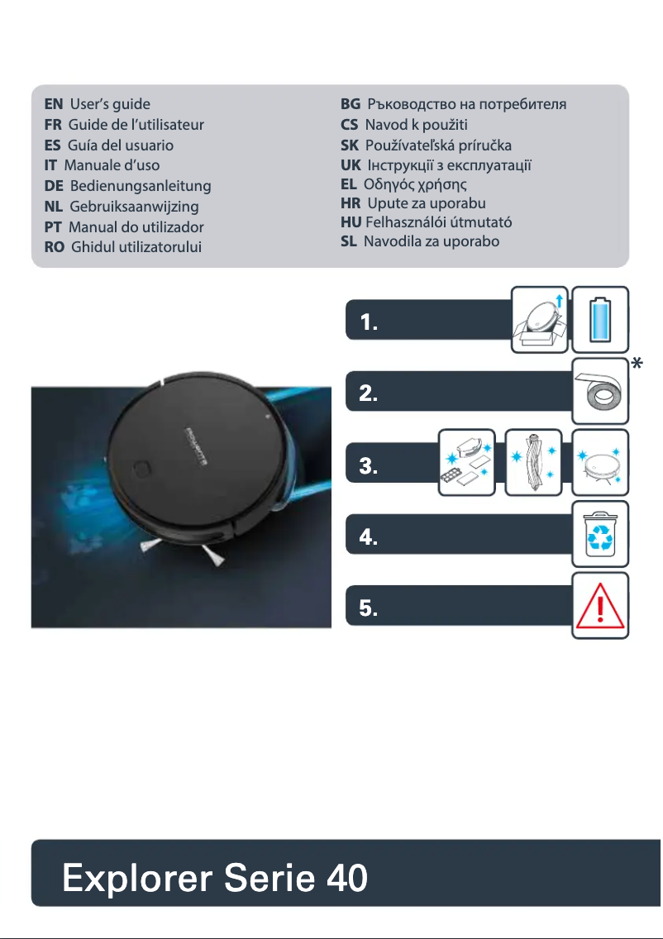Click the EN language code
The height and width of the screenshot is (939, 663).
[x=53, y=104]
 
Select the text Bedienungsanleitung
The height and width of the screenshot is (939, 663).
[x=141, y=186]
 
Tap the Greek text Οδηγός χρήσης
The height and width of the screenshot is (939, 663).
[x=416, y=183]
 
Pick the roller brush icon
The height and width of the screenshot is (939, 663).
[x=533, y=462]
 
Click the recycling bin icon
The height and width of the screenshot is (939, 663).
[x=601, y=532]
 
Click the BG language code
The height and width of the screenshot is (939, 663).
[x=351, y=104]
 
